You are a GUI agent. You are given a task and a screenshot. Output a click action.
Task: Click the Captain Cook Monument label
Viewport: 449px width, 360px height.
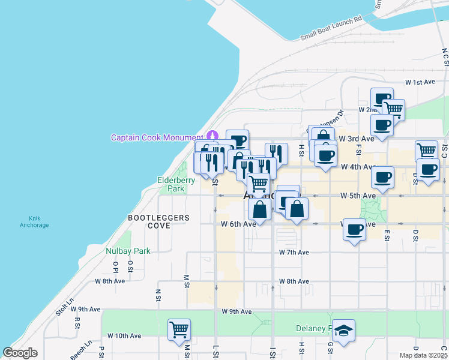[x=157, y=137]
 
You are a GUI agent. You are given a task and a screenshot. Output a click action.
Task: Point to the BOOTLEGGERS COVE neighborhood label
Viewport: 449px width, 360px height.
[x=158, y=221]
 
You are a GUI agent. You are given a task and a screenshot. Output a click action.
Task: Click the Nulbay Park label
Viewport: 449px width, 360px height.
[x=128, y=251]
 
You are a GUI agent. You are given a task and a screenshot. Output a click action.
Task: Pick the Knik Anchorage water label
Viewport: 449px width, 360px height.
[x=38, y=221]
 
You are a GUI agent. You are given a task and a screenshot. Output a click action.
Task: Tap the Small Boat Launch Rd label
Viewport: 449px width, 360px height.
[x=331, y=28]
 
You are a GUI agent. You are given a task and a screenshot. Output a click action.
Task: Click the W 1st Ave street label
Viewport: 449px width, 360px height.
[x=420, y=82]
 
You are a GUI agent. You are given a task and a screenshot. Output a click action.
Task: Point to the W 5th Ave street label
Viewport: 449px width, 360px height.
[x=358, y=196]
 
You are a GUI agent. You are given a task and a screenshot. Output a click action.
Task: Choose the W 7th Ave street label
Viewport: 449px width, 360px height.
[x=294, y=253]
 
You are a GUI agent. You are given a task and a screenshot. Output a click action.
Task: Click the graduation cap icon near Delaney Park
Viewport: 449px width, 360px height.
[x=343, y=330]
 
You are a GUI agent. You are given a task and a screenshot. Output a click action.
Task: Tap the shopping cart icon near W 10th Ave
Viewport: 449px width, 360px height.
[x=179, y=329]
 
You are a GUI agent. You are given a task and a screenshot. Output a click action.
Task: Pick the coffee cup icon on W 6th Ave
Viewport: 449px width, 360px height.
[x=354, y=229]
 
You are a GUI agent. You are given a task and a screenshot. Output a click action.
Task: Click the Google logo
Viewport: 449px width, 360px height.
[x=20, y=353]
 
